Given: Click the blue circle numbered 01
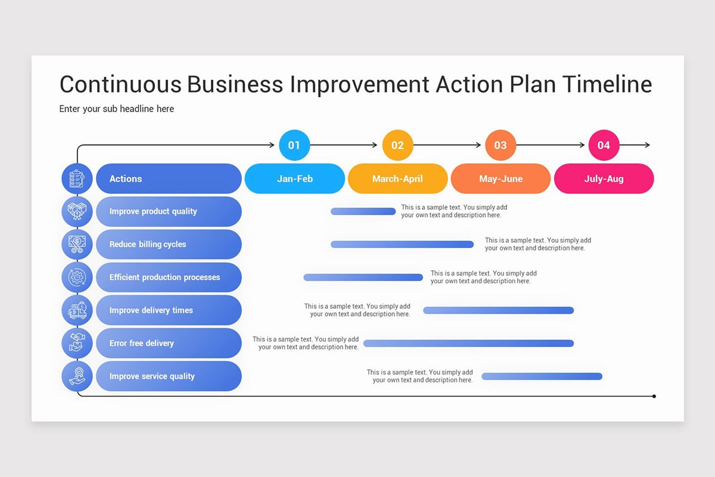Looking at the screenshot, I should coord(294,145).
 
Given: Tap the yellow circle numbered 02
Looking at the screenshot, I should coord(397,145).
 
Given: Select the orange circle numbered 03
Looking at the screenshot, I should coord(500,145).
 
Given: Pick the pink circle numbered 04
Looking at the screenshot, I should coord(604,145).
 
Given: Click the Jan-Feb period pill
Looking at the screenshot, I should coord(295,179).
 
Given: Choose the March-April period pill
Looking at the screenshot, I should coord(397,179).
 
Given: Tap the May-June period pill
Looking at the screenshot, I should coord(500,179).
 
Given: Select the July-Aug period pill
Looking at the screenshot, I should coord(604,179).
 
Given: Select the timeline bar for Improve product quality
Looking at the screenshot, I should coord(363,211).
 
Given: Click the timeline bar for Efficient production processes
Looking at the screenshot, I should coord(363,277).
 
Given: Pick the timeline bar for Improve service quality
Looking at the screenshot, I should coord(542,376).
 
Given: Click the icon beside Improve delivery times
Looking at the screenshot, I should coord(77,310).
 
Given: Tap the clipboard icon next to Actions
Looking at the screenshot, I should coord(77,179).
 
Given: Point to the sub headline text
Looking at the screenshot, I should coord(117,109).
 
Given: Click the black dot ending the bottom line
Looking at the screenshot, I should coord(654,396).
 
